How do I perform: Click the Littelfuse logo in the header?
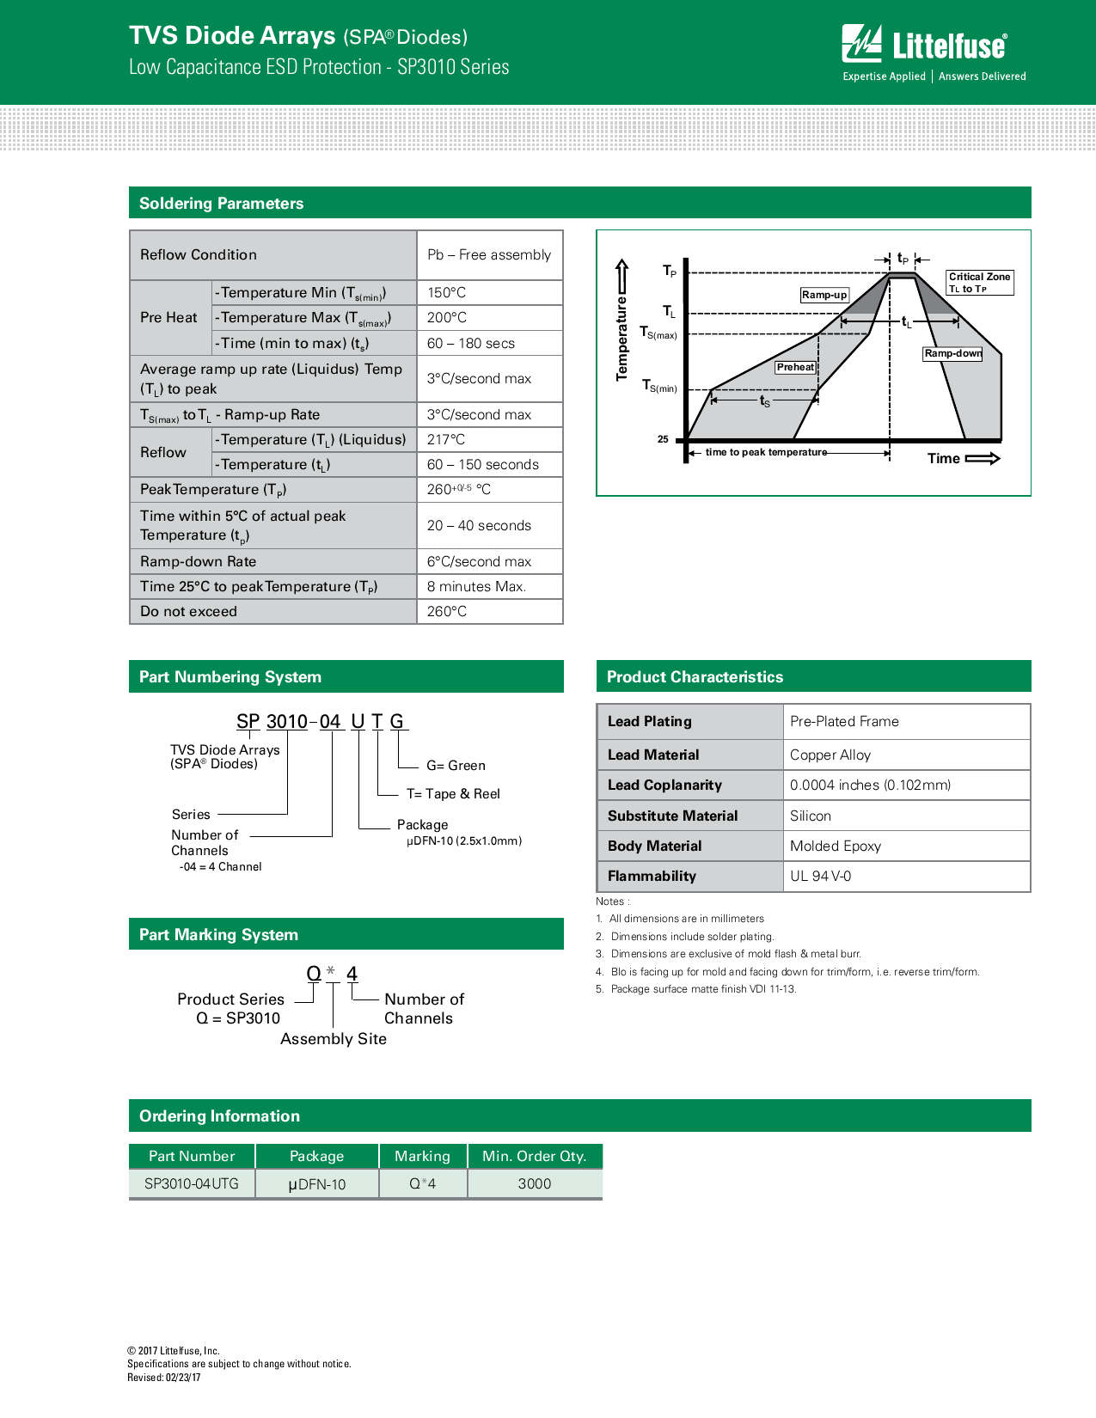coord(933,52)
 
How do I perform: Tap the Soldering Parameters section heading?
coord(221,204)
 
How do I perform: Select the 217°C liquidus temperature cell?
coord(446,440)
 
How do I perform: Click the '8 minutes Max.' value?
coord(476,587)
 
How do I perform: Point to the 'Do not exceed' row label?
coord(188,612)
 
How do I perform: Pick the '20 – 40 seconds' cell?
coord(479,526)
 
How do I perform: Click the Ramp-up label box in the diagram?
coord(824,295)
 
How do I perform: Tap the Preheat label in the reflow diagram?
coord(795,367)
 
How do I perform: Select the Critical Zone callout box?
coord(979,283)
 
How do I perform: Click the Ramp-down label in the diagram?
coord(952,353)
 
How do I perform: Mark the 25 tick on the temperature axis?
coord(663,439)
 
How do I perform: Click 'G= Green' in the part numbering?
coord(456,766)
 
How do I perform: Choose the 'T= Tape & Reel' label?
coord(453,794)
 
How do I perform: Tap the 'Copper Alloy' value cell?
coord(830,755)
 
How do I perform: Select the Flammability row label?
coord(652,877)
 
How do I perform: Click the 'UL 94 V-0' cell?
coord(820,877)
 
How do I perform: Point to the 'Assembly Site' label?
coord(334,1039)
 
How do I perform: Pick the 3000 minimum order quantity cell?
coord(534,1184)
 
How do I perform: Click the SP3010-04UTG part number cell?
coord(192,1184)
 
